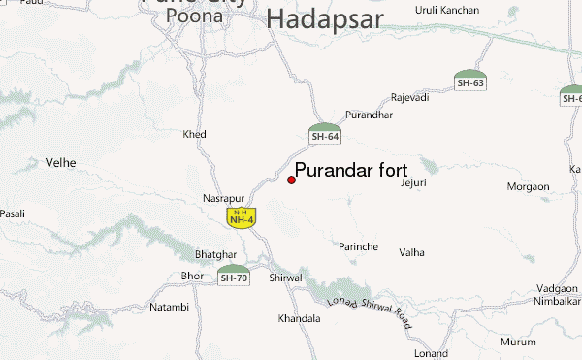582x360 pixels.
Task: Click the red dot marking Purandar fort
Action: click(x=291, y=180)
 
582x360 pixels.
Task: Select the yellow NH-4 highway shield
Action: click(x=241, y=217)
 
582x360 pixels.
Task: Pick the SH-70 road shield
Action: click(x=234, y=275)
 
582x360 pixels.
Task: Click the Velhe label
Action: click(x=61, y=162)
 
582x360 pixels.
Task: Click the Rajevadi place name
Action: click(x=409, y=97)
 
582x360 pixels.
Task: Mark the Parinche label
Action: click(x=358, y=246)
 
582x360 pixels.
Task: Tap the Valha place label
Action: click(x=412, y=252)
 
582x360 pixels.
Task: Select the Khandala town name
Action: click(x=299, y=318)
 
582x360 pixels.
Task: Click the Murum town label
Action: click(x=518, y=342)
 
